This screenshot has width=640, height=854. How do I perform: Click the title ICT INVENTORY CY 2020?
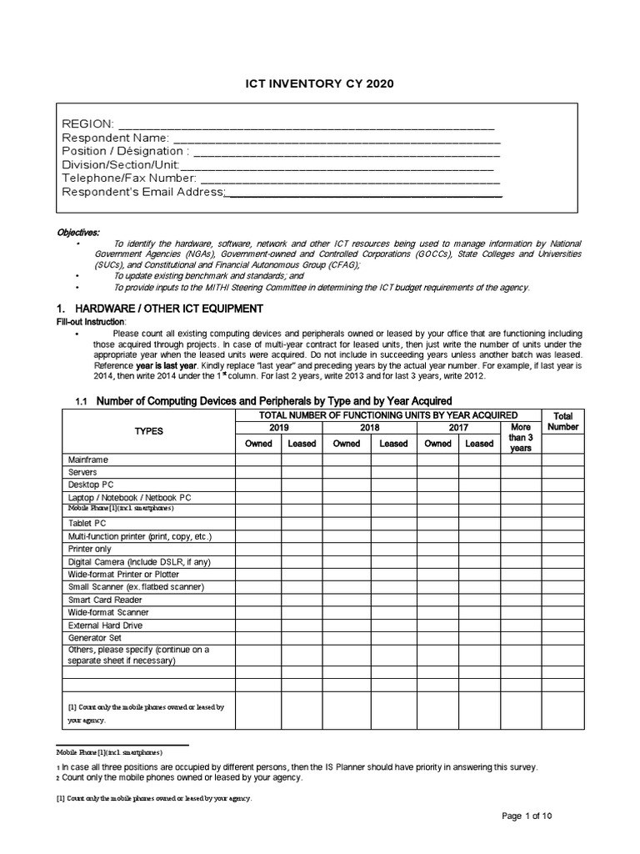click(319, 83)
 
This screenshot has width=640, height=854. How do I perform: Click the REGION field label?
click(88, 124)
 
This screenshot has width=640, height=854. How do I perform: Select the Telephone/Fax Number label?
click(129, 178)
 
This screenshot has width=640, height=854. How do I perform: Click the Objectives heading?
click(77, 232)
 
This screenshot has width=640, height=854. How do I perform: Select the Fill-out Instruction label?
click(90, 321)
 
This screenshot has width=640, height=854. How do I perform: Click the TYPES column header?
click(149, 431)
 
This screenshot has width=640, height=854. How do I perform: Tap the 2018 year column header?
click(370, 427)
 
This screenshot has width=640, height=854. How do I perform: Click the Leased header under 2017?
click(479, 444)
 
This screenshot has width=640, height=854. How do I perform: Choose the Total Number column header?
click(562, 421)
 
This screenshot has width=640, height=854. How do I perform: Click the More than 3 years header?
click(521, 438)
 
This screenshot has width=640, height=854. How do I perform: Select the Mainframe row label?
click(88, 460)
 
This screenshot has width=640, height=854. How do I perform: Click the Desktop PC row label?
click(91, 485)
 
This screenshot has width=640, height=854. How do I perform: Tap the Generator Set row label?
click(95, 637)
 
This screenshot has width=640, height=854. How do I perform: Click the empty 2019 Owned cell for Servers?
click(257, 472)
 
